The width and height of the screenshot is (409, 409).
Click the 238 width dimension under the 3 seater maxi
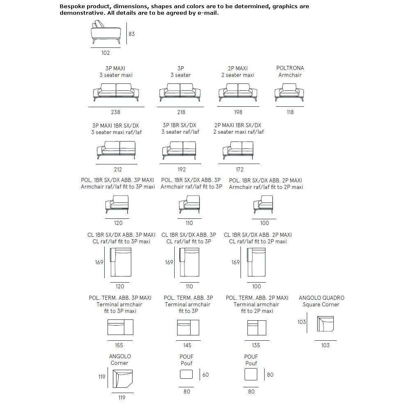pyautogui.click(x=116, y=112)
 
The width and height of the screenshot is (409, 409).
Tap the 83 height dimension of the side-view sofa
pyautogui.click(x=132, y=34)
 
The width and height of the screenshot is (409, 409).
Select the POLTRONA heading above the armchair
pyautogui.click(x=290, y=68)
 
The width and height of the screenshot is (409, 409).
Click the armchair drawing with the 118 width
pyautogui.click(x=289, y=92)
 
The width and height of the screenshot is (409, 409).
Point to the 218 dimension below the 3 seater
pyautogui.click(x=181, y=112)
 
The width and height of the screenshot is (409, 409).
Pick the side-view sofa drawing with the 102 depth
pyautogui.click(x=106, y=32)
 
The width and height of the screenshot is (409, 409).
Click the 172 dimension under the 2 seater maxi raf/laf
pyautogui.click(x=240, y=170)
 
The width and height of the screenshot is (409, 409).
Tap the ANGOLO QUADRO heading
pyautogui.click(x=321, y=298)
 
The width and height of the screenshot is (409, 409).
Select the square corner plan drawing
pyautogui.click(x=326, y=324)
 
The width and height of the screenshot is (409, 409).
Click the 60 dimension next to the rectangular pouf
pyautogui.click(x=206, y=375)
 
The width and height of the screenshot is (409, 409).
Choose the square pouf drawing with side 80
pyautogui.click(x=251, y=374)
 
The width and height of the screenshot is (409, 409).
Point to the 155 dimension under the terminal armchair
pyautogui.click(x=119, y=345)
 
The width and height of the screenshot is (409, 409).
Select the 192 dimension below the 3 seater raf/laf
pyautogui.click(x=182, y=170)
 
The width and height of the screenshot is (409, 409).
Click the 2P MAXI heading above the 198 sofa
pyautogui.click(x=238, y=68)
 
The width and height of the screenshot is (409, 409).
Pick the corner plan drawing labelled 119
pyautogui.click(x=123, y=378)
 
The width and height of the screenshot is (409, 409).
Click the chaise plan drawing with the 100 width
pyautogui.click(x=256, y=262)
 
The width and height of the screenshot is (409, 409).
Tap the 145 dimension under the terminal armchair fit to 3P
pyautogui.click(x=187, y=345)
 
